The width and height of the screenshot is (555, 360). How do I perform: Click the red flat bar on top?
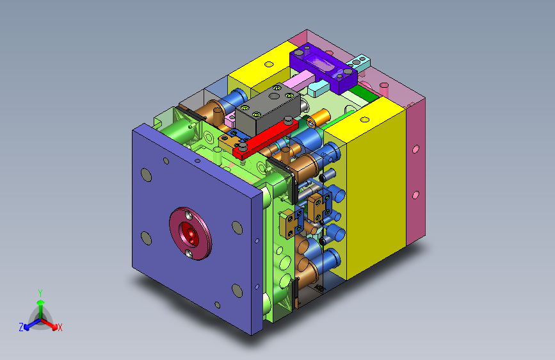[266, 139]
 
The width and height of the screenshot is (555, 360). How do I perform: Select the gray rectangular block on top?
[268, 110]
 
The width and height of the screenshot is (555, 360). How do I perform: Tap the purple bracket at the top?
[323, 67]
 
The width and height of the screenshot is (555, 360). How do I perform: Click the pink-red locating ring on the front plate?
[190, 234]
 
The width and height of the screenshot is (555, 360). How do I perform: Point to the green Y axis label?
[40, 293]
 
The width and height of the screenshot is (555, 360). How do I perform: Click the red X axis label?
[60, 328]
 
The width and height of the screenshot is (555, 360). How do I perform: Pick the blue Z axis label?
[21, 327]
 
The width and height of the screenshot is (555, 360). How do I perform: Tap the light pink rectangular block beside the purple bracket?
[298, 81]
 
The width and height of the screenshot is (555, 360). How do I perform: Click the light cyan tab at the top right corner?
[359, 62]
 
